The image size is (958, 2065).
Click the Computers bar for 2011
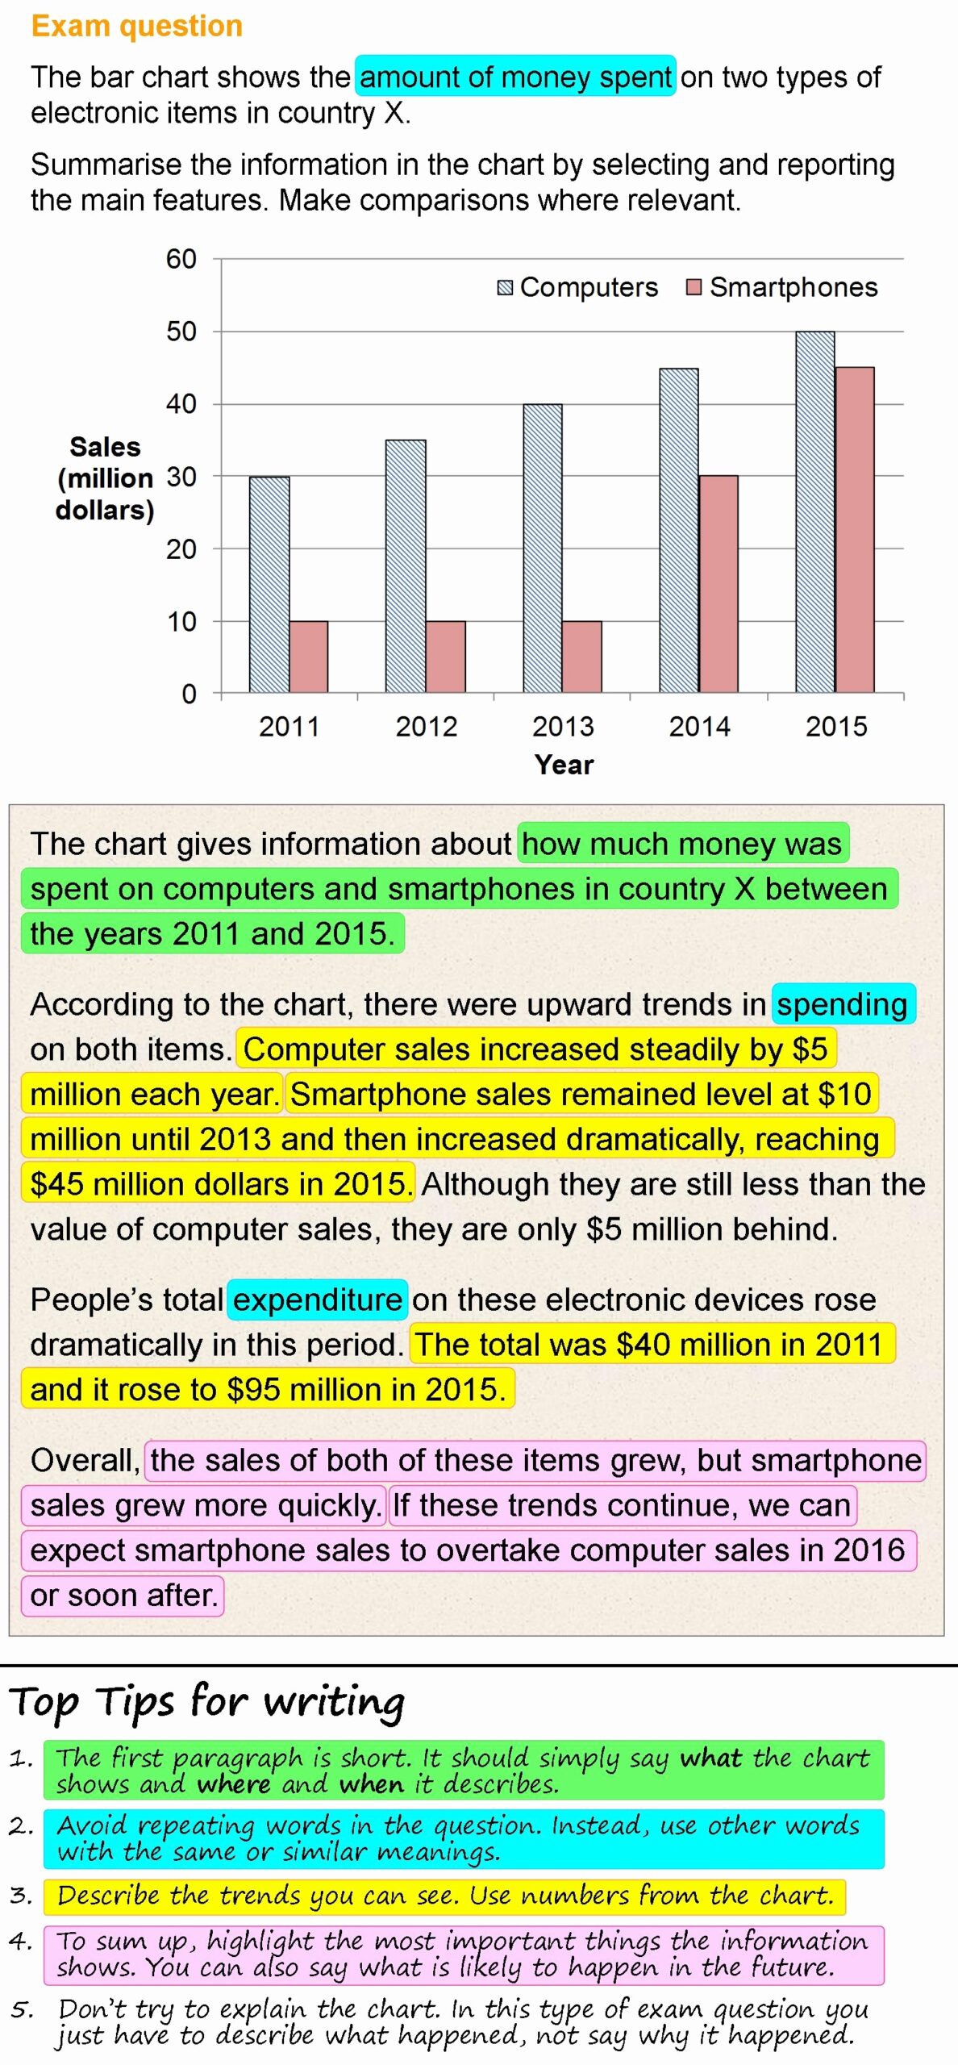coord(269,584)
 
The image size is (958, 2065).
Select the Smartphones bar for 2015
coord(854,529)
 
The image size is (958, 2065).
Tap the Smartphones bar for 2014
coord(718,584)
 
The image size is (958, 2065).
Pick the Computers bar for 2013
coord(543,549)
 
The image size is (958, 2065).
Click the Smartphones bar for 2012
coord(445,657)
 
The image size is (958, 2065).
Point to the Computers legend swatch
coord(506,288)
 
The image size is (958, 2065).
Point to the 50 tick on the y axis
coord(181,332)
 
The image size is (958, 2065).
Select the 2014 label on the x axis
coord(699,727)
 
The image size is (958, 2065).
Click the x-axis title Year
coord(564,765)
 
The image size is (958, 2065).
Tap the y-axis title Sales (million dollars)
coord(105,478)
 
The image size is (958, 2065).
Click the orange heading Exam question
coord(137,26)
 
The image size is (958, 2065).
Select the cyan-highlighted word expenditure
coord(317,1299)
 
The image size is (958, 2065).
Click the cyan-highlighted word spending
coord(842,1004)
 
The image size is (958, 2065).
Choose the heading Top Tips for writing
coord(207,1702)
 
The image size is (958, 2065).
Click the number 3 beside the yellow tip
coord(21,1895)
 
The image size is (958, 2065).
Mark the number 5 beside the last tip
coord(23,2009)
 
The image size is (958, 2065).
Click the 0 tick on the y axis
coord(190,694)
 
